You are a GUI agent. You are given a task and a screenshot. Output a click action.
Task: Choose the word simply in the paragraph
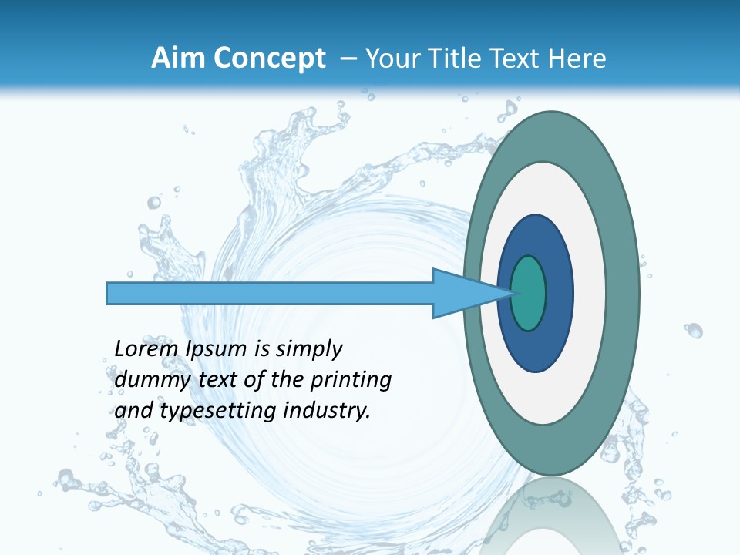(308, 350)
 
